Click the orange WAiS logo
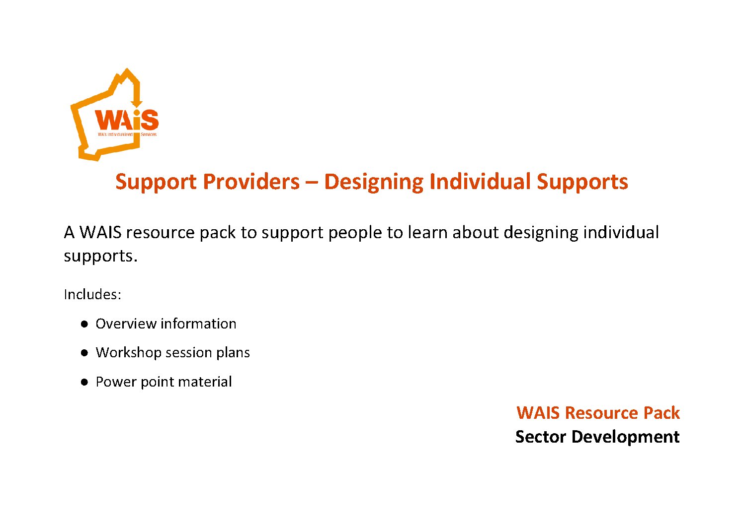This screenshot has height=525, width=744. point(115,115)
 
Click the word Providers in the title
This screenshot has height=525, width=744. point(251,182)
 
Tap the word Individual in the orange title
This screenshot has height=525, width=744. point(480,182)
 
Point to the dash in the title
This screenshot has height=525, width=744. point(312,183)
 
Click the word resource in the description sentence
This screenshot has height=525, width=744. point(160,233)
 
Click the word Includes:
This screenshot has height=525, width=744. point(92,294)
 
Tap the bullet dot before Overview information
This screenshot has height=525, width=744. point(84,324)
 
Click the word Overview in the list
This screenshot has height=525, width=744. point(126,324)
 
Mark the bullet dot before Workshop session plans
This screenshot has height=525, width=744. point(84,353)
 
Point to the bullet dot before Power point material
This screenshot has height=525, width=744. point(84,382)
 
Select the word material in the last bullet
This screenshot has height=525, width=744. point(205,382)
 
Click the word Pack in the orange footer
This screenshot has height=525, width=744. point(661,413)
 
